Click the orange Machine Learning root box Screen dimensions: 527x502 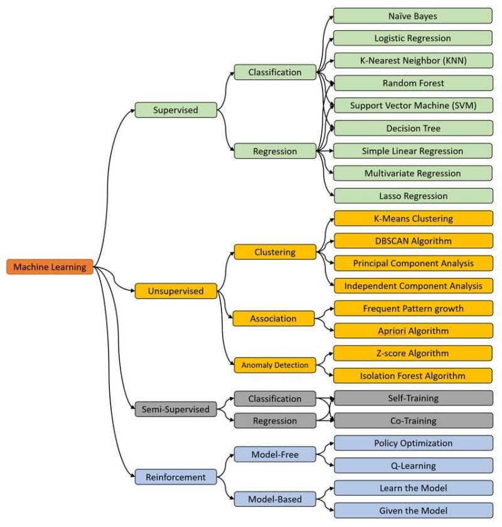tap(50, 267)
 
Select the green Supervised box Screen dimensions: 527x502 tap(176, 110)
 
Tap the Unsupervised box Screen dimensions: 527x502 tap(176, 291)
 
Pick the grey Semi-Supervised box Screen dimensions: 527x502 tap(176, 409)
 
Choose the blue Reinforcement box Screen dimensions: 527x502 tap(176, 477)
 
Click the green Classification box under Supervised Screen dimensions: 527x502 tap(275, 72)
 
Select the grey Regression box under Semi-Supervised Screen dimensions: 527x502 tap(275, 421)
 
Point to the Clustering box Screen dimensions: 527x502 tap(275, 252)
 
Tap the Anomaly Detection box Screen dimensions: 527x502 tap(275, 365)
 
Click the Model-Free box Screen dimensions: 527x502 tap(275, 454)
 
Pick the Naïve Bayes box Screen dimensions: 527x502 tap(413, 16)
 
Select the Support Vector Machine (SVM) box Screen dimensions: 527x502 tap(413, 105)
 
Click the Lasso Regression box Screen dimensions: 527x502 tap(413, 196)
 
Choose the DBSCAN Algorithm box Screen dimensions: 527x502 tap(413, 241)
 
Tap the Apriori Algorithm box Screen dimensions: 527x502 tap(413, 331)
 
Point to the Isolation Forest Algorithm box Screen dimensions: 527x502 tap(413, 376)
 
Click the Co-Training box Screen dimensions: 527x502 tap(413, 420)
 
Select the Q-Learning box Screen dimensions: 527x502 tap(413, 466)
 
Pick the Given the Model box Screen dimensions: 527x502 tap(413, 510)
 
